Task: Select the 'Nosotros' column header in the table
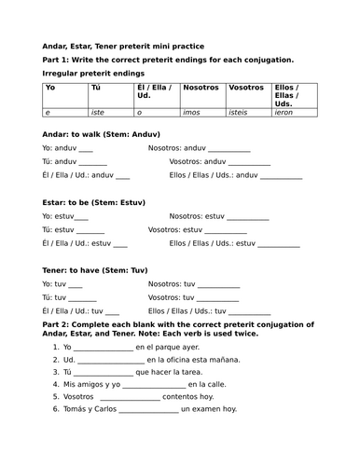201,87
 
